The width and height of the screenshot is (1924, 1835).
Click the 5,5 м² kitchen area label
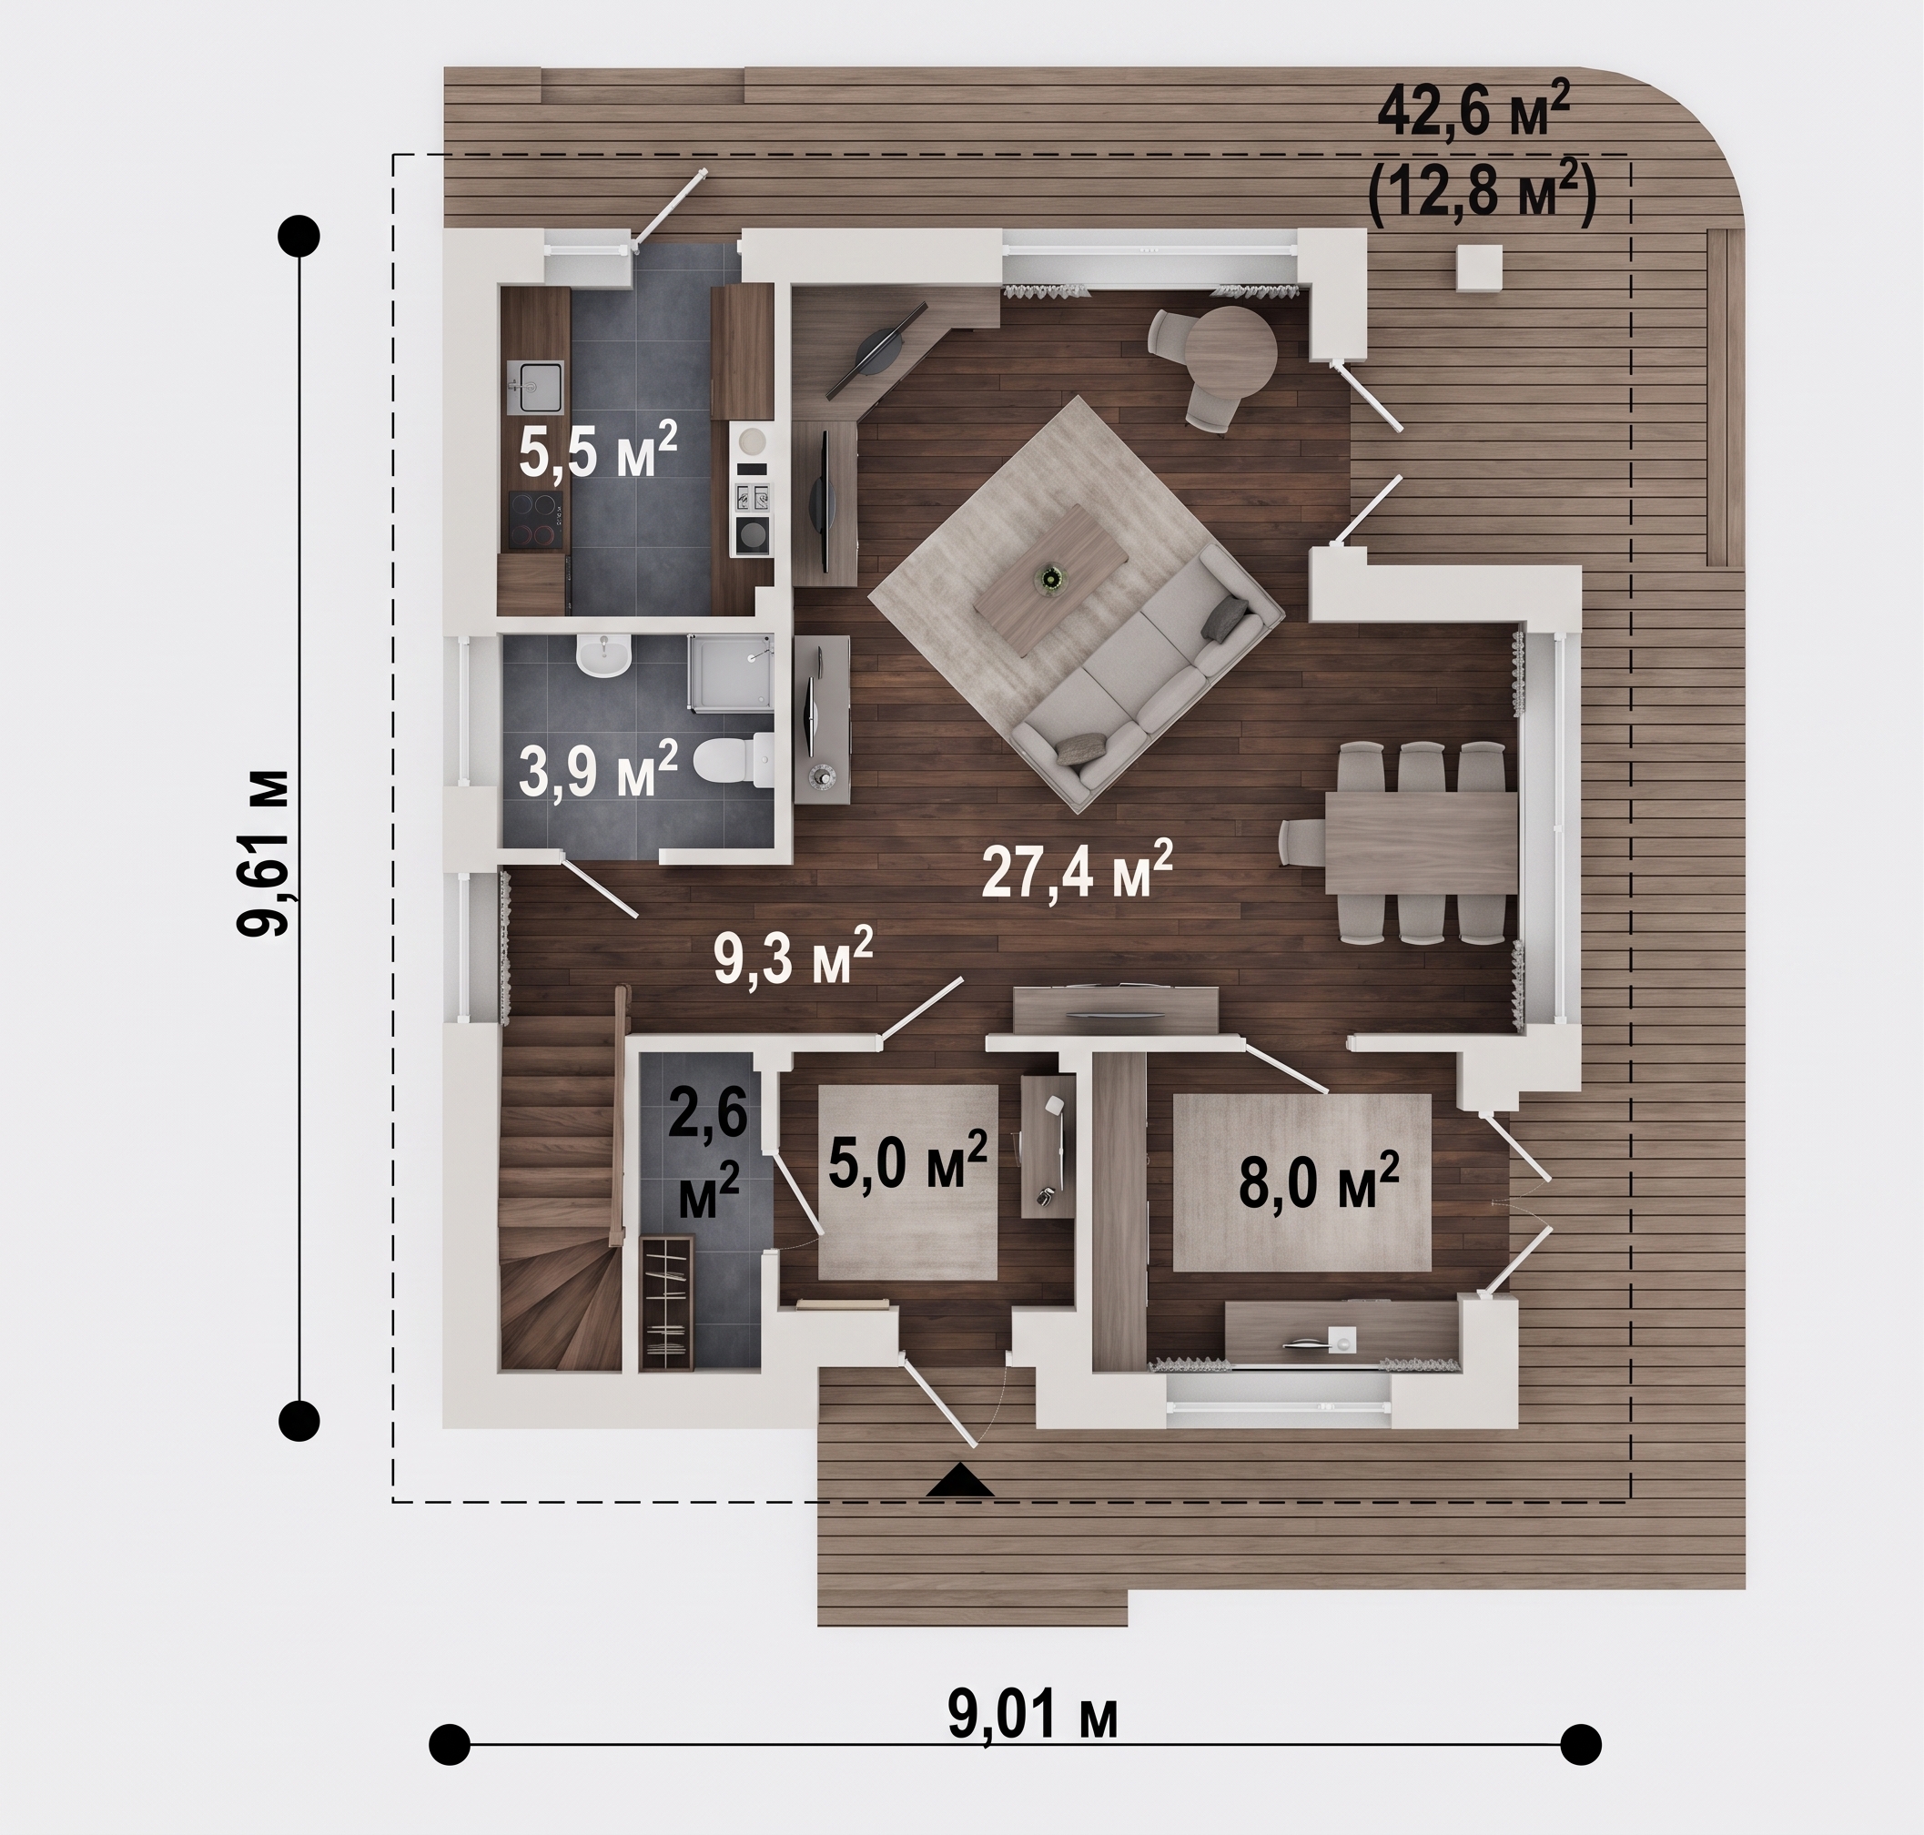point(598,451)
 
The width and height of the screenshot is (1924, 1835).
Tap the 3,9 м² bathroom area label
point(598,770)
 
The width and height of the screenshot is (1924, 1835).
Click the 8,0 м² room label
point(1319,1181)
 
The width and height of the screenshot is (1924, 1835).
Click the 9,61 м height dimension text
point(265,853)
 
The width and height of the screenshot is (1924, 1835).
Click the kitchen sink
point(534,388)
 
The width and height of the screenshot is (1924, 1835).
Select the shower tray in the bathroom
point(732,671)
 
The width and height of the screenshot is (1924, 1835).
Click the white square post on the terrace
point(1478,267)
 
